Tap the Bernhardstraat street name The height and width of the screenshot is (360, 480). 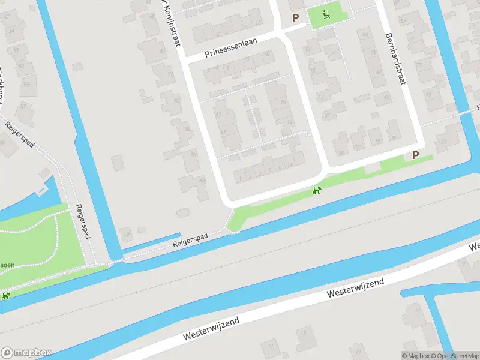pyautogui.click(x=396, y=59)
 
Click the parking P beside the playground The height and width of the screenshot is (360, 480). pyautogui.click(x=295, y=18)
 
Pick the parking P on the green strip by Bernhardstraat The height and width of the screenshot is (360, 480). pyautogui.click(x=415, y=155)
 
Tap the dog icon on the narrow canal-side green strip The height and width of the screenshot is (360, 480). pyautogui.click(x=316, y=191)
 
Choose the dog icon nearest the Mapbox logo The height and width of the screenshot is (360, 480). pyautogui.click(x=5, y=296)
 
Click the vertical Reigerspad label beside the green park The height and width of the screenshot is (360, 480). pyautogui.click(x=82, y=221)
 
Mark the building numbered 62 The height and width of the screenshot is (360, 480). pyautogui.click(x=126, y=233)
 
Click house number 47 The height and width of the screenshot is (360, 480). pyautogui.click(x=7, y=16)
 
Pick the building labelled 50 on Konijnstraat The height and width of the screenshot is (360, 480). pyautogui.click(x=162, y=51)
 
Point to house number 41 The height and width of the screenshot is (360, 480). pyautogui.click(x=218, y=113)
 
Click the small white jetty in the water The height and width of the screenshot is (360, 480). pyautogui.click(x=42, y=191)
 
